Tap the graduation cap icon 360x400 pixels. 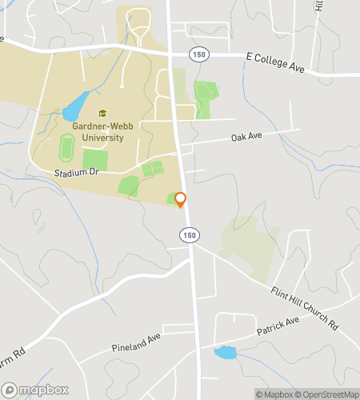tap(102, 114)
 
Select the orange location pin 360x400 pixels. tap(181, 200)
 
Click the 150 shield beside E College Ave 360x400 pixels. tap(198, 53)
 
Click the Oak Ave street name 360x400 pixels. tap(246, 137)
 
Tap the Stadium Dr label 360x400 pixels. tap(74, 173)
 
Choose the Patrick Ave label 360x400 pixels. tap(277, 325)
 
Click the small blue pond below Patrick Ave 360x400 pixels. tap(225, 352)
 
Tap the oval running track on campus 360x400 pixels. tap(66, 146)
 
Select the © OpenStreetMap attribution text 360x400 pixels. tap(328, 394)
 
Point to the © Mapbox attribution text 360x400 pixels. tap(274, 394)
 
